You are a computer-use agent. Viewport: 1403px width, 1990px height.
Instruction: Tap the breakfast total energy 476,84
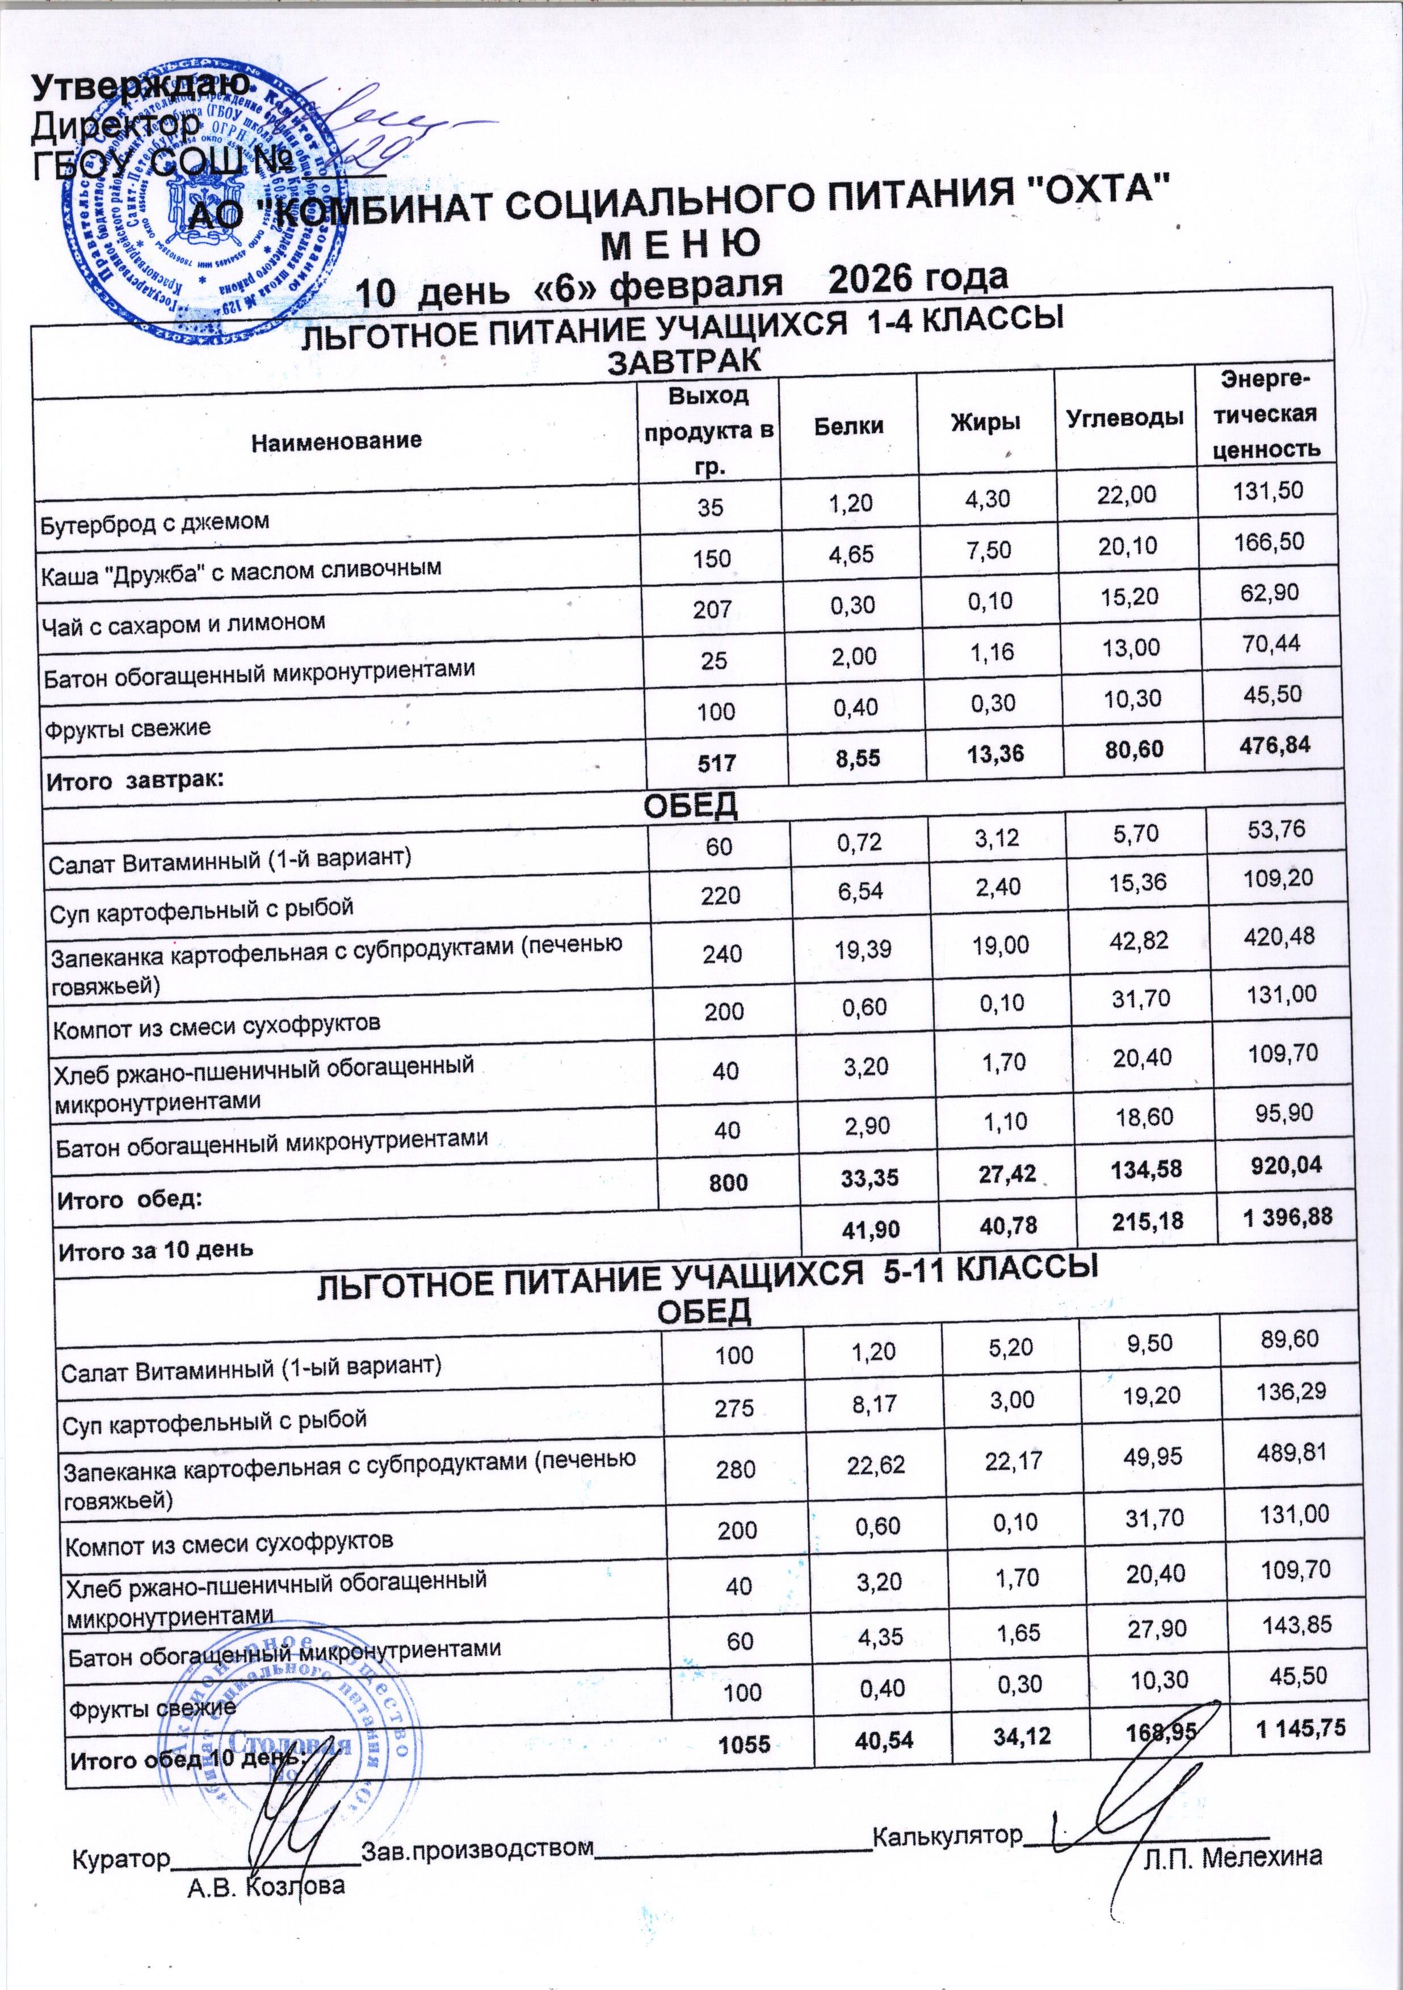(1274, 744)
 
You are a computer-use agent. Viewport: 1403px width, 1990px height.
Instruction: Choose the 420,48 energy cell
(1281, 936)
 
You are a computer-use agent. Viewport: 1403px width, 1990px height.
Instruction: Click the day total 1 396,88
(1287, 1217)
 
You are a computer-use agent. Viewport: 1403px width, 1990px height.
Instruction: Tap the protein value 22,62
(877, 1464)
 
